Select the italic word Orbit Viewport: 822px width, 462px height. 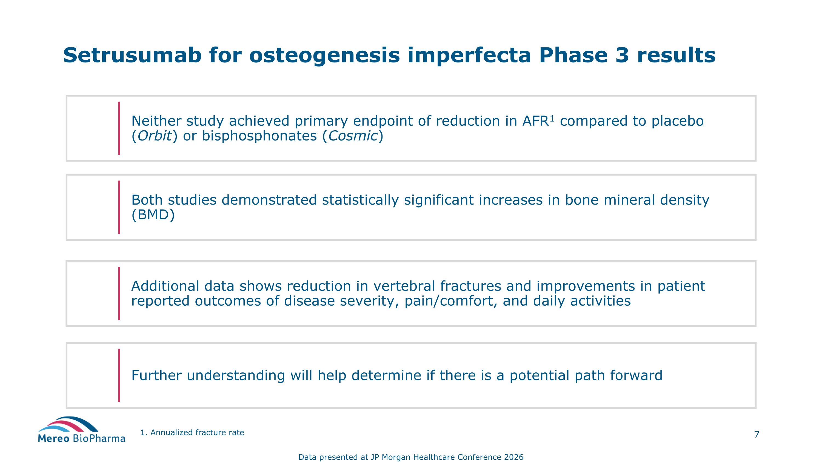[155, 136]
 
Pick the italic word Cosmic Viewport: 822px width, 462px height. [353, 136]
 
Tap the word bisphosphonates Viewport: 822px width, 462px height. [259, 136]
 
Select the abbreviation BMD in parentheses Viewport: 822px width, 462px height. [153, 215]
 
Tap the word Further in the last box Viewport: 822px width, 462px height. [156, 375]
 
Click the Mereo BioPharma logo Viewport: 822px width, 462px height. [81, 430]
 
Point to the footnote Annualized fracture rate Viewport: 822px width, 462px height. [197, 433]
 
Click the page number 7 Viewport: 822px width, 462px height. [756, 435]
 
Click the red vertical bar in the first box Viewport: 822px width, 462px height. [119, 128]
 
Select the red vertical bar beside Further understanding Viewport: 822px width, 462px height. [119, 375]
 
